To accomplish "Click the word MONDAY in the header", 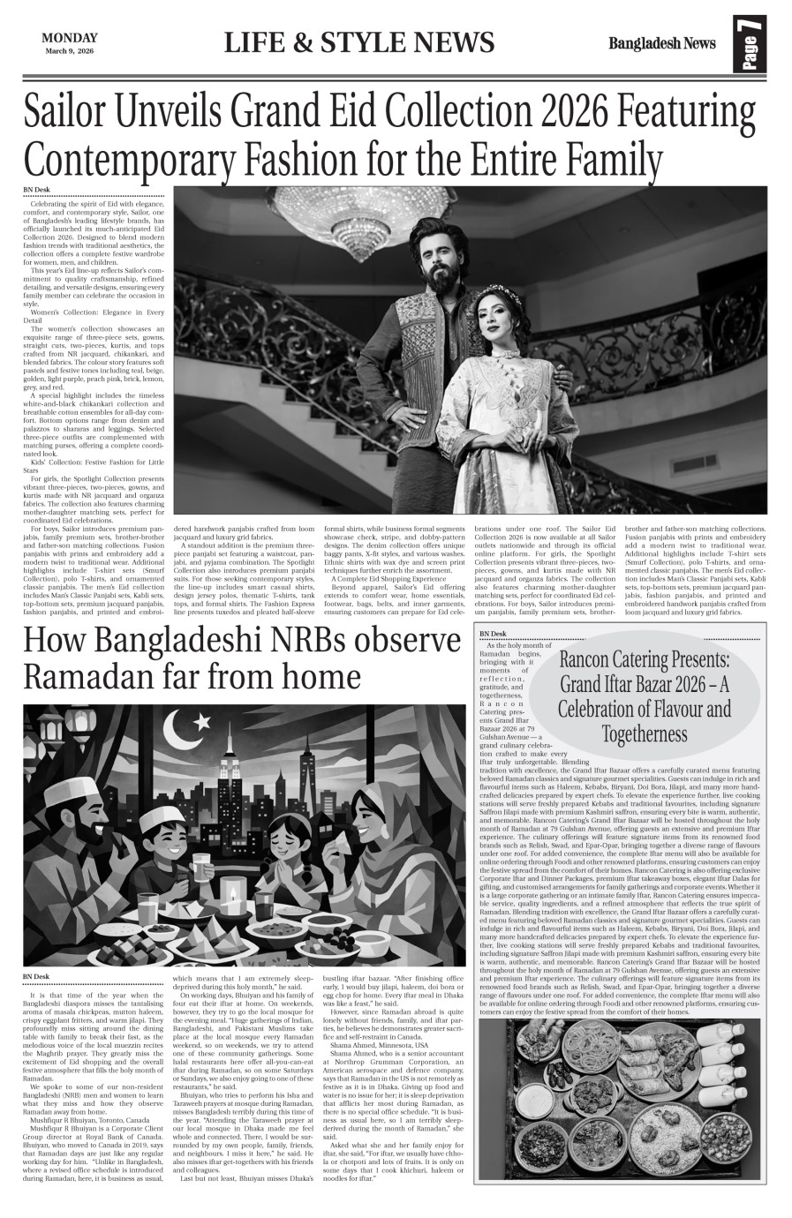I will (x=69, y=38).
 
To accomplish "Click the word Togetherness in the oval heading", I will (x=644, y=733).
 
